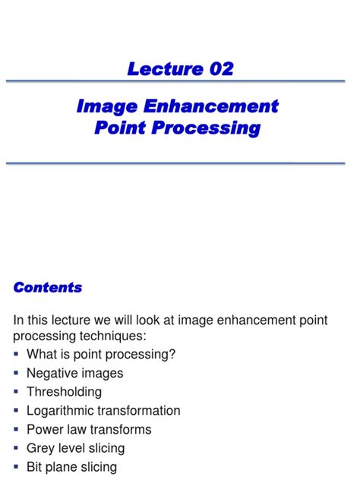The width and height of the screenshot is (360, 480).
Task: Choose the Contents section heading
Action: point(48,288)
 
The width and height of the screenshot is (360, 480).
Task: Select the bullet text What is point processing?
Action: point(101,355)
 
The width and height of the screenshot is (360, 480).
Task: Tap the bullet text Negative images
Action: point(74,374)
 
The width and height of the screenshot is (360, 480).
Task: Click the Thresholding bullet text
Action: point(64,392)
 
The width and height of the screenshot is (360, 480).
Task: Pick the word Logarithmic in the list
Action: point(63,411)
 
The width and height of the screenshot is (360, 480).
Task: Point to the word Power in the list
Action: point(44,429)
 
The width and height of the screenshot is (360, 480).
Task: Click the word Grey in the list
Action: point(41,448)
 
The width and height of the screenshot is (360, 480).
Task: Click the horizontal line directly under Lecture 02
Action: point(180,81)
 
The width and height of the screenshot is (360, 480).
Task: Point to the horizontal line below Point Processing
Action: point(180,162)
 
